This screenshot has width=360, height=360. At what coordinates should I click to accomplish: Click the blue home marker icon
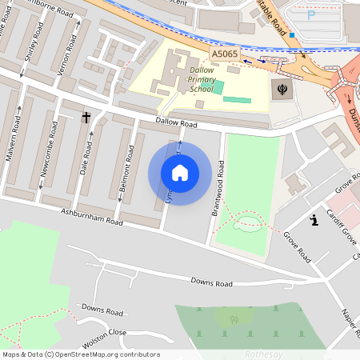coord(180,173)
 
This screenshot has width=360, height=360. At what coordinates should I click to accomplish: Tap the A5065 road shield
coord(225,54)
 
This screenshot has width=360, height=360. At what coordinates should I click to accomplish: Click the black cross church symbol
coord(86,118)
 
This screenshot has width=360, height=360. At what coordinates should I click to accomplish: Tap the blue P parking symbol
coord(311,14)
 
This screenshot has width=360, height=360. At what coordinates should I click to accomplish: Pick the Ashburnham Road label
coord(92,216)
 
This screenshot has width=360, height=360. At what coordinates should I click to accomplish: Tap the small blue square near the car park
coord(294,35)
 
